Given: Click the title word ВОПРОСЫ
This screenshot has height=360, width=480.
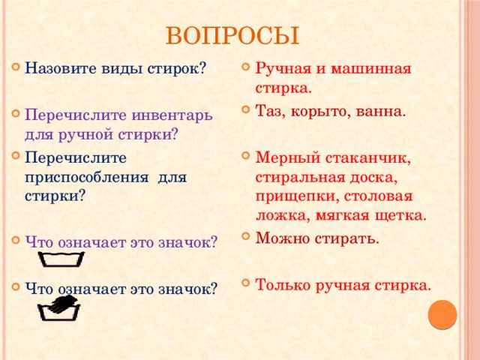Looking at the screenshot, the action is [x=232, y=36].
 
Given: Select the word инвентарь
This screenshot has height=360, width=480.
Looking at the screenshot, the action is [x=172, y=115].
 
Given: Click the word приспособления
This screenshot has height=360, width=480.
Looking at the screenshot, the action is [x=87, y=178].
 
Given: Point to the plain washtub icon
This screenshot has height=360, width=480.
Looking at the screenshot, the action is [x=61, y=259].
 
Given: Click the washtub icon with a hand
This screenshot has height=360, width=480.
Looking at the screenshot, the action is [x=58, y=308].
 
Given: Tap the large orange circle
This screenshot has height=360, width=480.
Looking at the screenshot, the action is [x=442, y=315].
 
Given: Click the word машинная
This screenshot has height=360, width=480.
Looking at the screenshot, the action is [x=371, y=69].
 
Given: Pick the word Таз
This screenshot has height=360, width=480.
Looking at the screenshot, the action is [x=269, y=111].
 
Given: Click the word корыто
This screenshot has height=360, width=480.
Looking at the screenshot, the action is [x=320, y=112].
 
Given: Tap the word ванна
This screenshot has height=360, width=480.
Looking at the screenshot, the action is [x=381, y=112].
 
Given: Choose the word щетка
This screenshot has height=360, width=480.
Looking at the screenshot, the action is [x=400, y=216].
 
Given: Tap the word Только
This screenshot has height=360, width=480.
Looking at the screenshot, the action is [x=283, y=285].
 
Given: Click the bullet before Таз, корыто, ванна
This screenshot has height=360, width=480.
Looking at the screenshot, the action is [x=245, y=109].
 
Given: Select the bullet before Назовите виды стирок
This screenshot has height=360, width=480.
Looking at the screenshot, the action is [x=15, y=66].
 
